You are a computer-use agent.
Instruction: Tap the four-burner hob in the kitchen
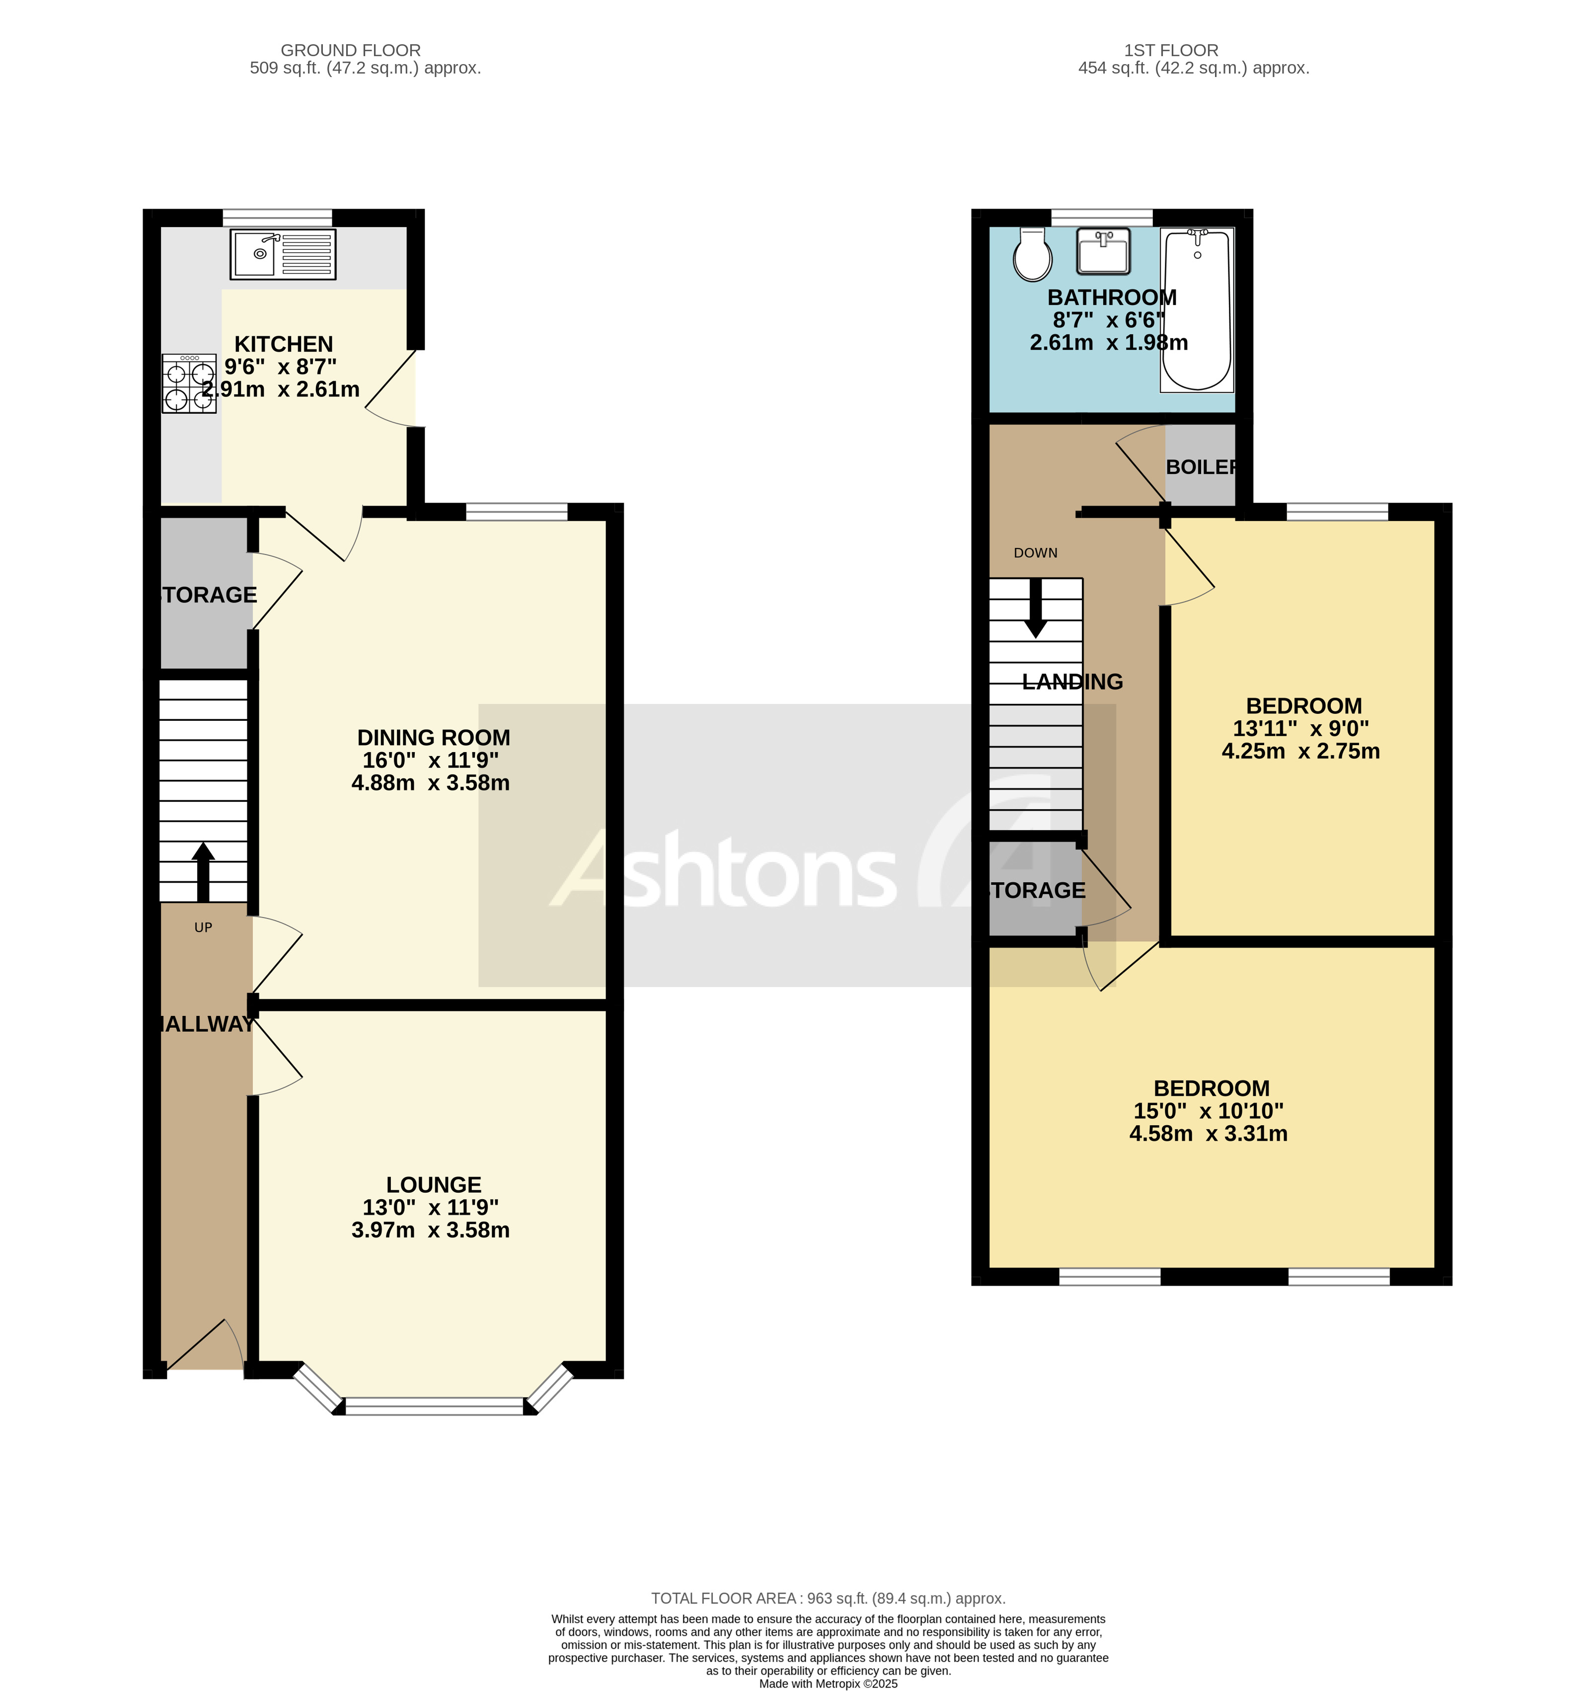(x=189, y=384)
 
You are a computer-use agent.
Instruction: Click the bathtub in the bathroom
(x=1197, y=309)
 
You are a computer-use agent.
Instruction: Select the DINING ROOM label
(x=433, y=738)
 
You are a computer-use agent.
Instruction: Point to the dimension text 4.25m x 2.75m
(x=1300, y=751)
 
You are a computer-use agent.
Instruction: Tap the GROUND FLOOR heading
(x=351, y=50)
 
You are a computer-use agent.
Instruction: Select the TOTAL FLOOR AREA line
(x=828, y=1598)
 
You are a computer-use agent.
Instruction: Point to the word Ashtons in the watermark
(x=724, y=869)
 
